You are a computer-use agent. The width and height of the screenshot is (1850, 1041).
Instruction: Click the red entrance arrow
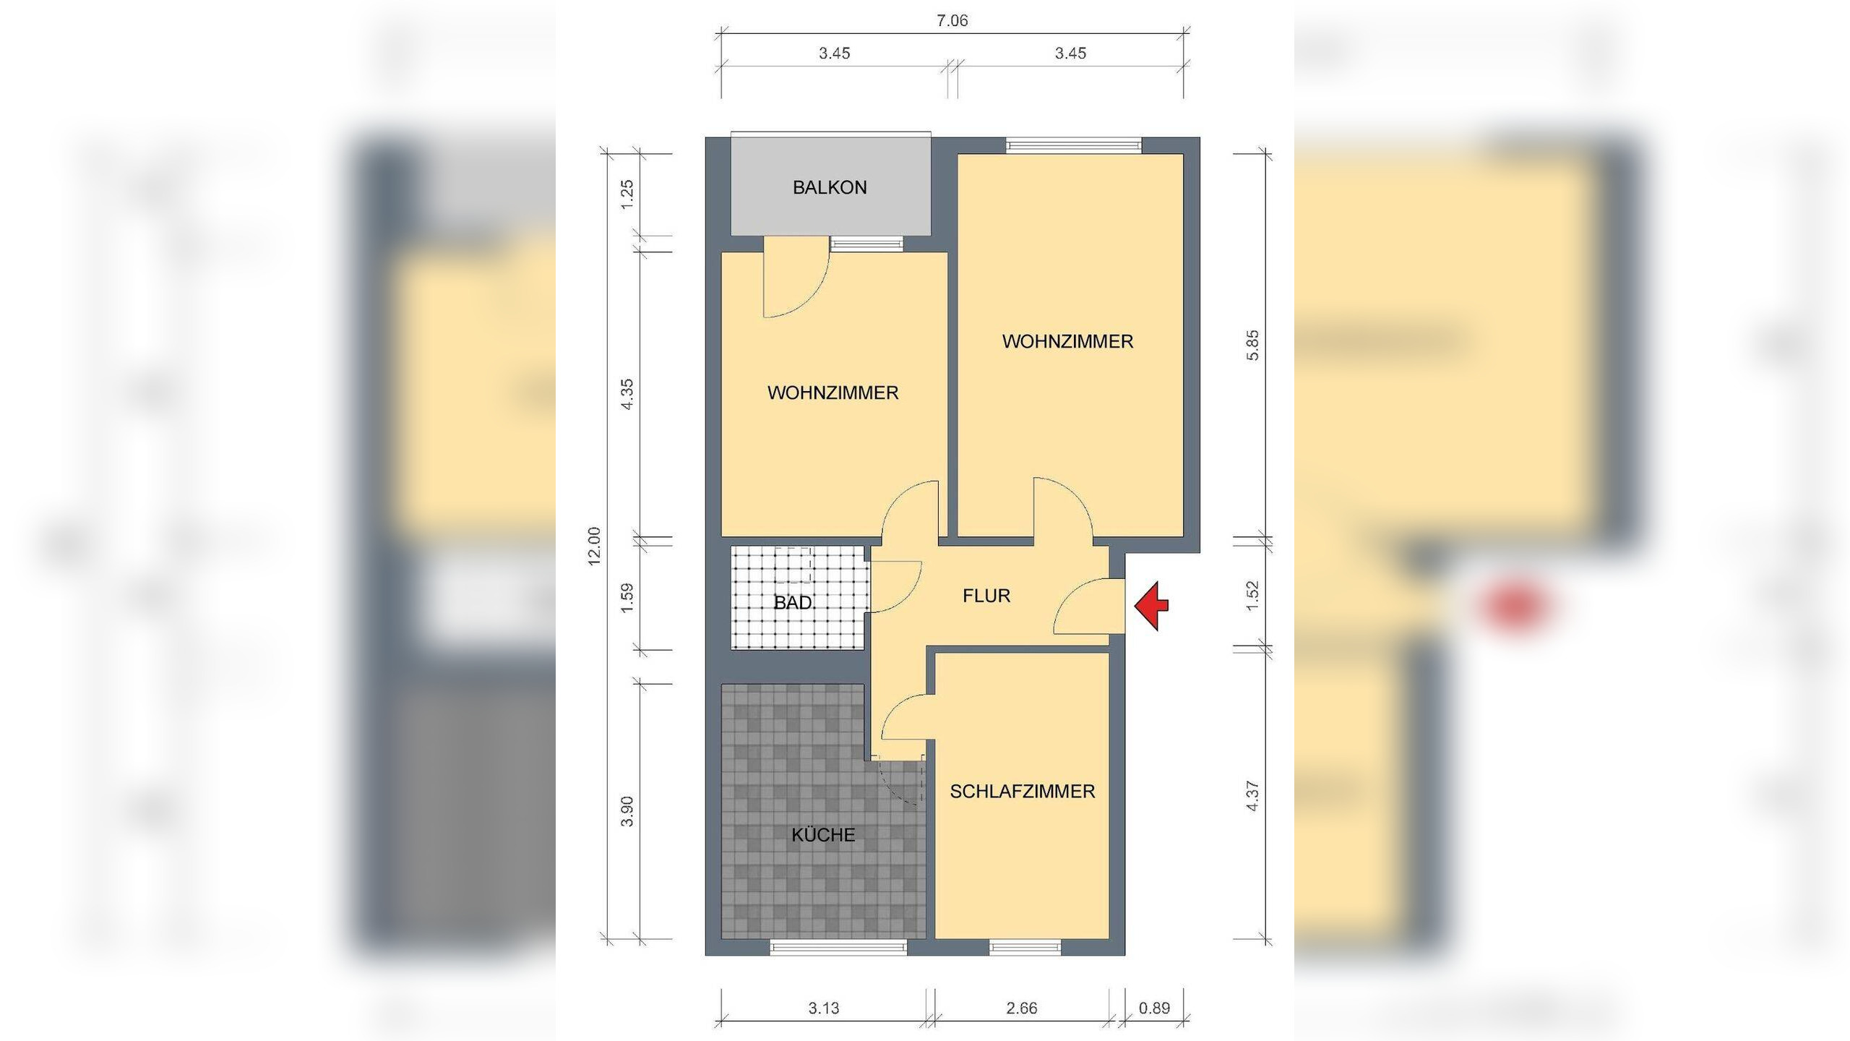[x=1150, y=606]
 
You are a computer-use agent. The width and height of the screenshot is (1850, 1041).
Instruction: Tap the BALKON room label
[x=830, y=188]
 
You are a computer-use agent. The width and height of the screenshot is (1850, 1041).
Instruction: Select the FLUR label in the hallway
[x=986, y=596]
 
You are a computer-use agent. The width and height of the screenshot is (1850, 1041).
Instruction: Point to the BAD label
[x=793, y=603]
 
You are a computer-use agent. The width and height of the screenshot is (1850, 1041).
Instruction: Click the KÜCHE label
[x=823, y=835]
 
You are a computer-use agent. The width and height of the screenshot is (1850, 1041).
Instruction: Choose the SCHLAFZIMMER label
[x=1023, y=792]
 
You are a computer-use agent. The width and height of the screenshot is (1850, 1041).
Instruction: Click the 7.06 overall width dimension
[x=952, y=21]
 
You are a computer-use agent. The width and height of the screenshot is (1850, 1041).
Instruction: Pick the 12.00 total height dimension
[x=594, y=546]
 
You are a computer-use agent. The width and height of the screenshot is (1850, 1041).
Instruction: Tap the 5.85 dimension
[x=1253, y=345]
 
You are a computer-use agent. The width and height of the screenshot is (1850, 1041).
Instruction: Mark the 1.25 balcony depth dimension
[x=627, y=194]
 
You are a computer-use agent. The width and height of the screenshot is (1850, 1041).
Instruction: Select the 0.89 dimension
[x=1154, y=1008]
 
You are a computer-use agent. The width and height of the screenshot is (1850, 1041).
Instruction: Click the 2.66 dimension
[x=1021, y=1008]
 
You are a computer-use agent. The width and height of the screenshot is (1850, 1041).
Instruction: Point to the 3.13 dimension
[x=824, y=1008]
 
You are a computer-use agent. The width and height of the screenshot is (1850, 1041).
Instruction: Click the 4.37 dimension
[x=1253, y=795]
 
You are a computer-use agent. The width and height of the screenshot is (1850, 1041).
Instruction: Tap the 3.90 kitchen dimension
[x=627, y=810]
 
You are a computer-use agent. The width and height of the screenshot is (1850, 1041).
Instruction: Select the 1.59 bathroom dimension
[x=627, y=597]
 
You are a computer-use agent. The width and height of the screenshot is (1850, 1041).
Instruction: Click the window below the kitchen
[x=838, y=947]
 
